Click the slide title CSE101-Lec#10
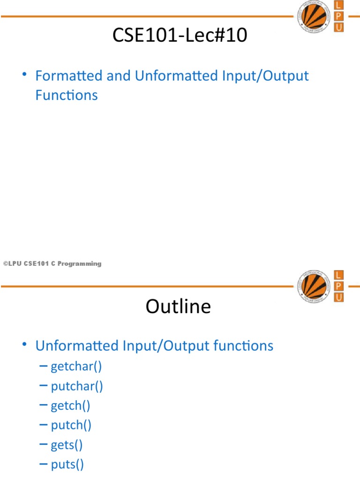pyautogui.click(x=180, y=36)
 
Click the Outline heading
pyautogui.click(x=178, y=307)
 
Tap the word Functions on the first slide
pyautogui.click(x=67, y=95)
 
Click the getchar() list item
pyautogui.click(x=76, y=366)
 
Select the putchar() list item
pyautogui.click(x=77, y=386)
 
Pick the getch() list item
pyautogui.click(x=71, y=405)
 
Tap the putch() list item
pyautogui.click(x=71, y=425)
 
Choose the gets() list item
pyautogui.click(x=67, y=445)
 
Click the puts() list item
pyautogui.click(x=67, y=465)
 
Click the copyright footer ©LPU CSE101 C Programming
pyautogui.click(x=52, y=264)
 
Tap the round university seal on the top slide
pyautogui.click(x=311, y=15)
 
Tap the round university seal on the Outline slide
pyautogui.click(x=311, y=285)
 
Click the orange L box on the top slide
pyautogui.click(x=338, y=6)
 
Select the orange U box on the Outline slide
pyautogui.click(x=338, y=297)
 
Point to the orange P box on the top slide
pyautogui.click(x=338, y=16)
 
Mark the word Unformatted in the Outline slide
pyautogui.click(x=77, y=346)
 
